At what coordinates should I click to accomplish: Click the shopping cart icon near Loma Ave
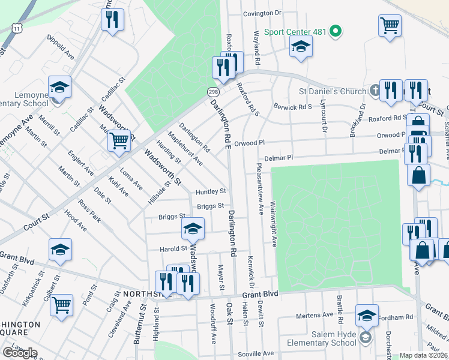click(x=119, y=140)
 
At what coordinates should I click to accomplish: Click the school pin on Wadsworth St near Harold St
click(x=193, y=229)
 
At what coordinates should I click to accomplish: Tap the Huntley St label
click(x=211, y=191)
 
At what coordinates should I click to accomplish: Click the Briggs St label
click(x=207, y=206)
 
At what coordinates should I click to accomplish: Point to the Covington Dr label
click(x=262, y=13)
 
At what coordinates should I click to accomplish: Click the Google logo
click(x=20, y=352)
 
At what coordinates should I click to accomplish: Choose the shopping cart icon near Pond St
click(x=61, y=305)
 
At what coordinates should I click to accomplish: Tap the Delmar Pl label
click(x=280, y=157)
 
